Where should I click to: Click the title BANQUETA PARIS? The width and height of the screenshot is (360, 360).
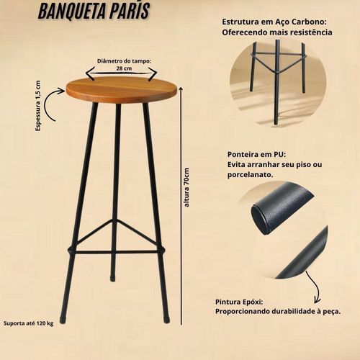(x=94, y=12)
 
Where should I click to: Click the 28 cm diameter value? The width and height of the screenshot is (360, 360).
(x=124, y=68)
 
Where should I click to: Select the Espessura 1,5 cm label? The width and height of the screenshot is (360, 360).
(x=38, y=106)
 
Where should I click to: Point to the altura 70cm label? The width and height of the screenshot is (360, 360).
(x=186, y=187)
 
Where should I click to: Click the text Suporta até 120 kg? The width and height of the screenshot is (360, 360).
(x=28, y=323)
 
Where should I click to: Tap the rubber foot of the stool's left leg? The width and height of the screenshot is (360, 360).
(x=63, y=319)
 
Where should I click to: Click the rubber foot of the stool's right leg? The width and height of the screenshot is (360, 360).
(x=166, y=319)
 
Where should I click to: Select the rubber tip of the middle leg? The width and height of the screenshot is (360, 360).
(x=112, y=279)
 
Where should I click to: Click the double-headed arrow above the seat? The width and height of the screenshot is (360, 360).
(x=122, y=73)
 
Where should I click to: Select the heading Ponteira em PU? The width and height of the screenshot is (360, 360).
(x=257, y=154)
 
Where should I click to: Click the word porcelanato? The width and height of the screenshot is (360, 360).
(x=251, y=175)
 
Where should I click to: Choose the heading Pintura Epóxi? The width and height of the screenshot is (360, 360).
(x=239, y=302)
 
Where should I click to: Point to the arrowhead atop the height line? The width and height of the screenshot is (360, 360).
(x=181, y=89)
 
